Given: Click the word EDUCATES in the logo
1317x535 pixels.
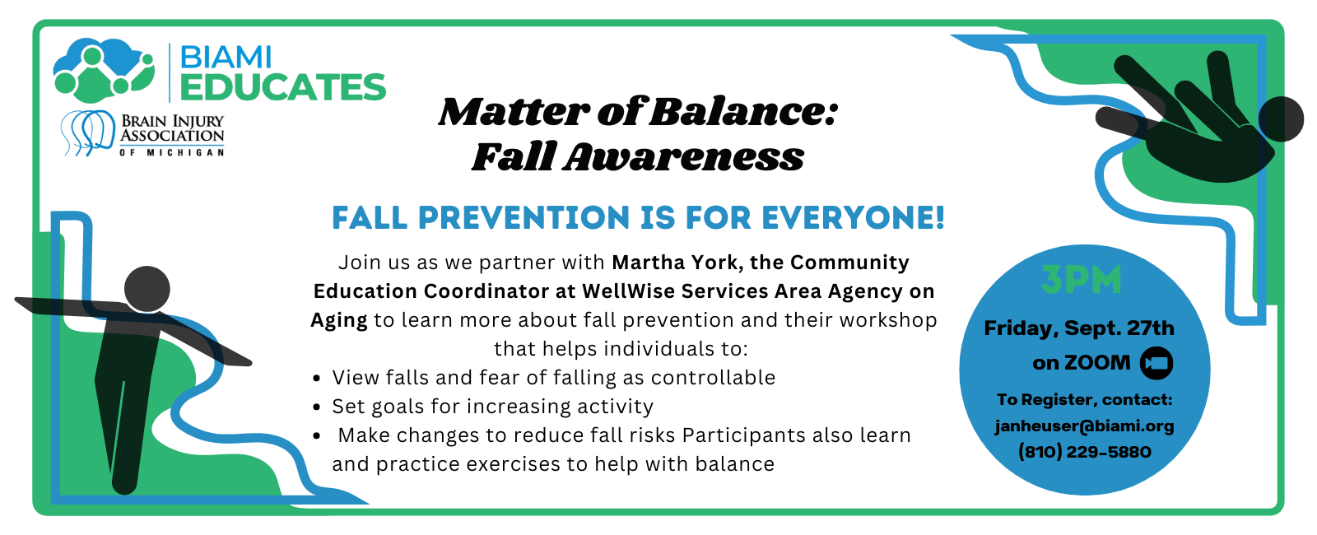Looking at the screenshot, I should tap(282, 87).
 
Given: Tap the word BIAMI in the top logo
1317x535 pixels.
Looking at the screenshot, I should tap(226, 57).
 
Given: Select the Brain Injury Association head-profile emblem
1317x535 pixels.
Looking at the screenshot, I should tap(88, 132).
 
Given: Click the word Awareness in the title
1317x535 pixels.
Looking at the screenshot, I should tap(683, 156).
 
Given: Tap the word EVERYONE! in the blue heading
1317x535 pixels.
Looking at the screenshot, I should tap(853, 218).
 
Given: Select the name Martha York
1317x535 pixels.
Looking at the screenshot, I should tap(675, 263).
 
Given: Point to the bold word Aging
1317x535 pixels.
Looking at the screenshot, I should tap(338, 320).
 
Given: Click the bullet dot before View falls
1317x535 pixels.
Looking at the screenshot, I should tap(317, 379).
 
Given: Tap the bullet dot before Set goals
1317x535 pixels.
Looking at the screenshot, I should tap(317, 407).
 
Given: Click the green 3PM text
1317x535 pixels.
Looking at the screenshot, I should tap(1081, 280).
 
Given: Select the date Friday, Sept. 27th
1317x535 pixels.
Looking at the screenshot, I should tap(1079, 328).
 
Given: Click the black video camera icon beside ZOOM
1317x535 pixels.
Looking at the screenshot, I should tap(1156, 363).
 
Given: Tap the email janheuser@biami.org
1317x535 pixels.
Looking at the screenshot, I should tap(1084, 426).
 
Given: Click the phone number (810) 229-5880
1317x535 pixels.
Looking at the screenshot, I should tap(1084, 452).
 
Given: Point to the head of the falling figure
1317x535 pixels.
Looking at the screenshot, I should tap(1281, 119).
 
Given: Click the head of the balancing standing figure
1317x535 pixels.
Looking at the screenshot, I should tap(147, 289).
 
